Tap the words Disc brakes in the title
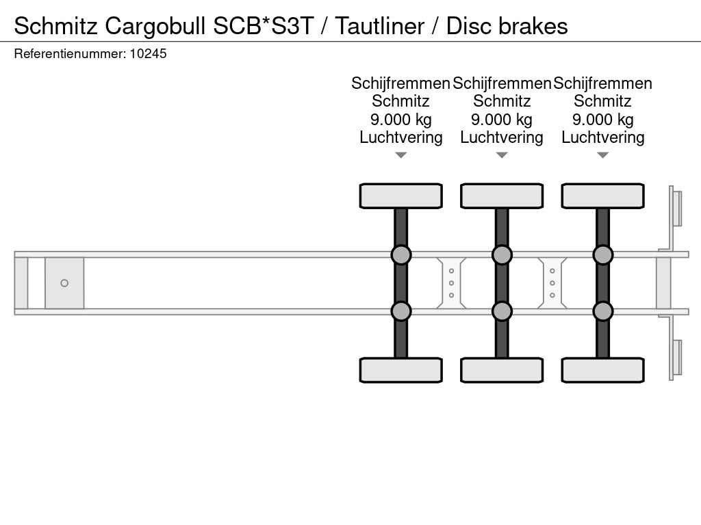pos(507,26)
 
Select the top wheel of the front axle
pos(400,196)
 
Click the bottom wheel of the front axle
pos(400,370)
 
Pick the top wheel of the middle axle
pos(502,196)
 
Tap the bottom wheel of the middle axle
pos(502,370)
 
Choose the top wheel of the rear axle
pos(602,196)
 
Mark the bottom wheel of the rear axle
pos(602,370)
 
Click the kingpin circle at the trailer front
pos(64,283)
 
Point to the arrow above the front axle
pos(400,155)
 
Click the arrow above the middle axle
pos(502,155)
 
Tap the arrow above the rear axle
pos(602,155)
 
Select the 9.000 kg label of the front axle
pos(400,120)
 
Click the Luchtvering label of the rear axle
pos(602,137)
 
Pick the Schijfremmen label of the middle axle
pos(502,83)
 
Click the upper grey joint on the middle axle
pos(502,255)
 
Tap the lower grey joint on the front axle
pos(400,311)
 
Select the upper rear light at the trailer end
pos(676,208)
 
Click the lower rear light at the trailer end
pos(676,358)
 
